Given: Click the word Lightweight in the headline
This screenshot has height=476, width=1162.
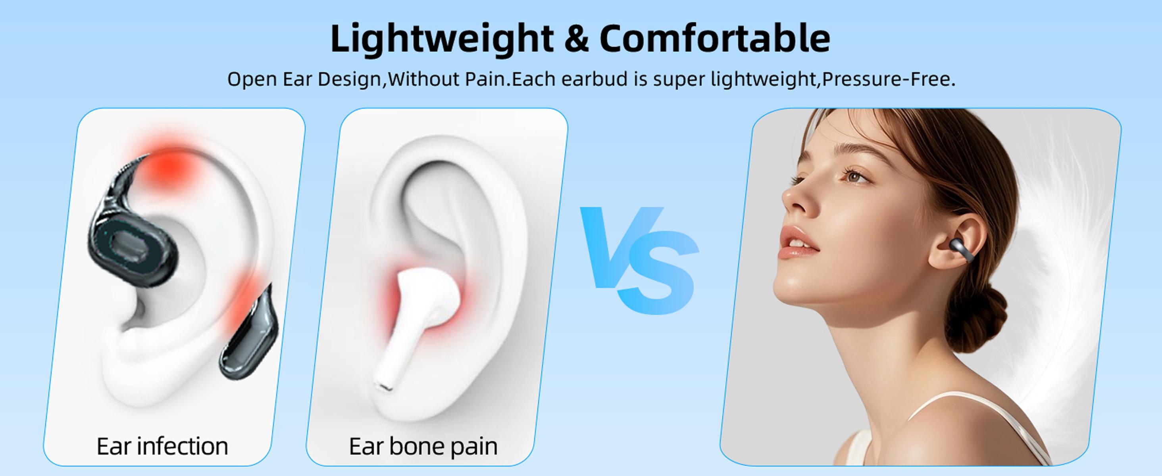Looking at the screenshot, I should click(x=442, y=39).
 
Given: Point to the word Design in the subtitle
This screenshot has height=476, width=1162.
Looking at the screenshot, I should click(x=350, y=79).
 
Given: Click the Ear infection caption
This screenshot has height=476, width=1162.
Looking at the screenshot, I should click(x=162, y=446).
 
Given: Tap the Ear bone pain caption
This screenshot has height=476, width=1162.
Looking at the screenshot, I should click(x=423, y=446).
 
